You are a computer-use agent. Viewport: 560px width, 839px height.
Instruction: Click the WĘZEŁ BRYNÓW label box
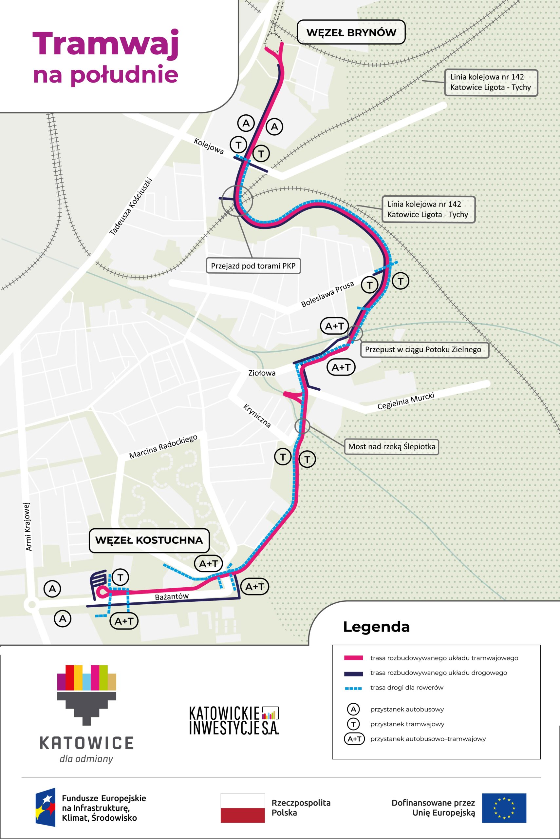(x=351, y=32)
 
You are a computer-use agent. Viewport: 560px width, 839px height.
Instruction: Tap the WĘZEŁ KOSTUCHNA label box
(x=149, y=540)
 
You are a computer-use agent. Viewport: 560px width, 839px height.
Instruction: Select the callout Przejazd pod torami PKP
(x=253, y=266)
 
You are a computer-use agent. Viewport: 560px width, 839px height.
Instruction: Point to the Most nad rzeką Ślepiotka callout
(x=391, y=446)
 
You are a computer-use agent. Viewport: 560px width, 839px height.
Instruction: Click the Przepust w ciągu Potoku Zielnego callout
(x=423, y=349)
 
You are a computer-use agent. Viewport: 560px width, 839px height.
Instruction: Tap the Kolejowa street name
(x=209, y=146)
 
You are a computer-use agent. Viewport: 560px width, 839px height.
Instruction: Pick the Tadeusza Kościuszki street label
(x=131, y=206)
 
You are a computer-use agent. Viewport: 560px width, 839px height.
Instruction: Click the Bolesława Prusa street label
(x=327, y=294)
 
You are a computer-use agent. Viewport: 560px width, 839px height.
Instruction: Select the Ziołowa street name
(x=262, y=373)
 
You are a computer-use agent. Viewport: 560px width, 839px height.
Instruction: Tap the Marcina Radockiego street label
(x=163, y=447)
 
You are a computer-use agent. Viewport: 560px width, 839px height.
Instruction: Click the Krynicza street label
(x=257, y=416)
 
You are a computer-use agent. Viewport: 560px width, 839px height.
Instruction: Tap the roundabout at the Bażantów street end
(x=32, y=605)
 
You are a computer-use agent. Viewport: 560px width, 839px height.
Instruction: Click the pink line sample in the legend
(x=353, y=658)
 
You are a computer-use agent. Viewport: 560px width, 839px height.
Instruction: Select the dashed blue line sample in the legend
(x=353, y=688)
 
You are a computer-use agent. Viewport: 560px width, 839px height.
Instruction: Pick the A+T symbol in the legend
(x=354, y=739)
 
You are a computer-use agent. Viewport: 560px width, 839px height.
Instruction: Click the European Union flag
(x=504, y=808)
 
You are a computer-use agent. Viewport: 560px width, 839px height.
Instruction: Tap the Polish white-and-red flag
(x=242, y=808)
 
